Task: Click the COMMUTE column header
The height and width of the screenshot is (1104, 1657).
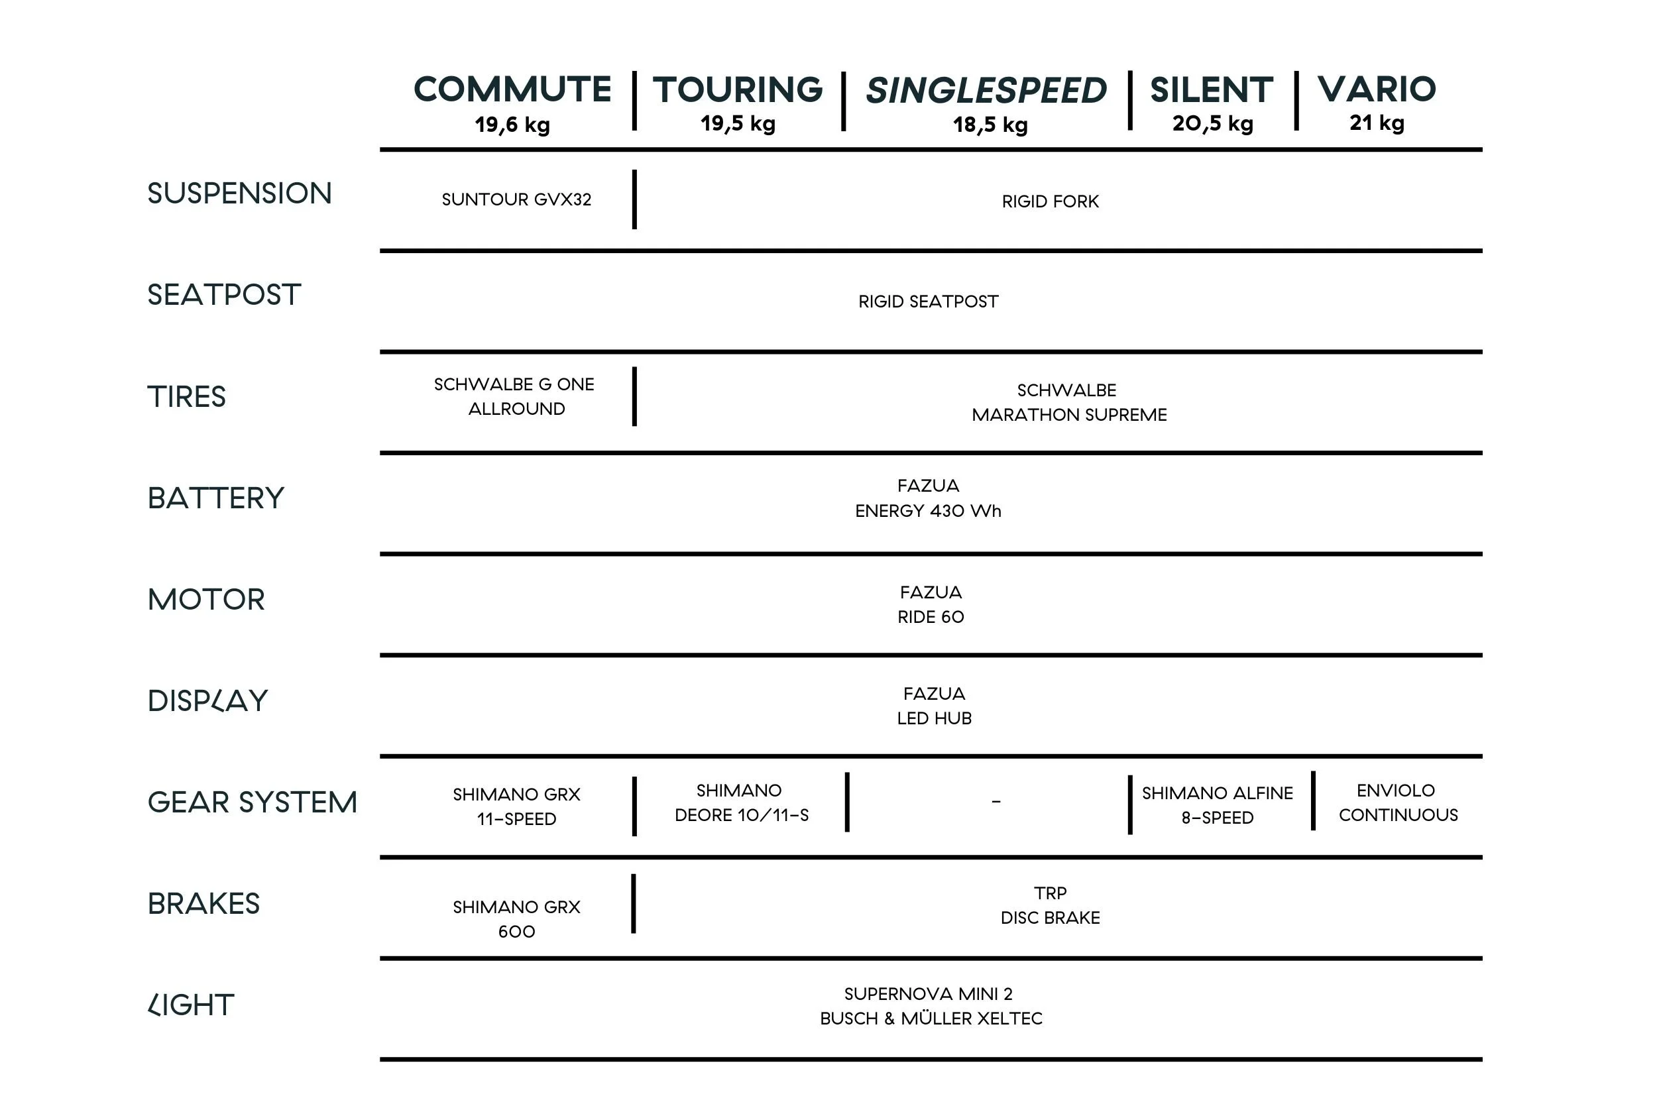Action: click(512, 89)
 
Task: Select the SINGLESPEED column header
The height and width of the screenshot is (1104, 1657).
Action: click(986, 91)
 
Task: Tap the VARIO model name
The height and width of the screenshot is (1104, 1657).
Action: click(1376, 89)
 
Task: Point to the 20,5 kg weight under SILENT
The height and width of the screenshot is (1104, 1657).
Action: click(1212, 124)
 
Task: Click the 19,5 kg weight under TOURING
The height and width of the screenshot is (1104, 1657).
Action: click(737, 124)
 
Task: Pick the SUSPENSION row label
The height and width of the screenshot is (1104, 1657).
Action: click(239, 193)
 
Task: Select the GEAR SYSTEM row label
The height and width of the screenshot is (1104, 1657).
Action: click(252, 802)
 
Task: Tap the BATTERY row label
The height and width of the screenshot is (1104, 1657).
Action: click(215, 498)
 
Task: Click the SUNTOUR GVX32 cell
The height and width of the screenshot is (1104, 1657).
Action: click(516, 200)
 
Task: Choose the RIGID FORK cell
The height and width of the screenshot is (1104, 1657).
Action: click(1050, 202)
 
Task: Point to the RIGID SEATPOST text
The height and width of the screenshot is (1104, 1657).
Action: click(928, 302)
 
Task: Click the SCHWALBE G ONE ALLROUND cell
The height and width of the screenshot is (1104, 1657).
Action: click(515, 396)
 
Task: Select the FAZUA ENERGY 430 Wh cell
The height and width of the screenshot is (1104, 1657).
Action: click(928, 498)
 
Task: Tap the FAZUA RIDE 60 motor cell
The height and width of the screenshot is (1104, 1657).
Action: click(931, 605)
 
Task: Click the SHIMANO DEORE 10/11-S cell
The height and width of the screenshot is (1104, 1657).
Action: click(741, 802)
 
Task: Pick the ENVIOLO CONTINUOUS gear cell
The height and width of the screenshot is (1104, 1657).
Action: click(1398, 802)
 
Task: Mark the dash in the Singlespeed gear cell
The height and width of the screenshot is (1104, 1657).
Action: click(996, 802)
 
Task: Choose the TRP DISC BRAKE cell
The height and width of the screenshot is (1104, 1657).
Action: click(1050, 905)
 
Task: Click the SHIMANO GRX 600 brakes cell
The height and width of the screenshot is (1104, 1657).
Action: click(516, 919)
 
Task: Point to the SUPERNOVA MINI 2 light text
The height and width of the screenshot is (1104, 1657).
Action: click(928, 994)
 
